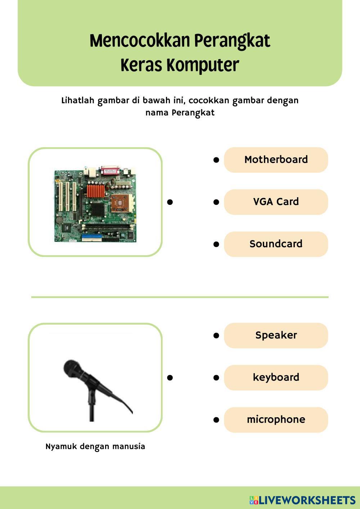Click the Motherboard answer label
(x=276, y=160)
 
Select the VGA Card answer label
(x=276, y=202)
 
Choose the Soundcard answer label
(x=276, y=244)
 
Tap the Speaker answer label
(x=276, y=335)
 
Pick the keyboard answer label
(x=276, y=378)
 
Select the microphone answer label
(x=276, y=420)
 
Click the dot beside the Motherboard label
(x=216, y=160)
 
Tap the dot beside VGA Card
(x=216, y=202)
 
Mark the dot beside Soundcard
(x=216, y=244)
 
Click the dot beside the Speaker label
(x=216, y=335)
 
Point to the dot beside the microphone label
(x=216, y=420)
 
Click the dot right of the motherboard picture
(x=170, y=202)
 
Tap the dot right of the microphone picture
(x=170, y=378)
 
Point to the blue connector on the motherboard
(x=88, y=238)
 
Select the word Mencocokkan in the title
(x=139, y=40)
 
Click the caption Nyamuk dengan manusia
(x=95, y=447)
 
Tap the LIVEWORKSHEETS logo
(x=303, y=500)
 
